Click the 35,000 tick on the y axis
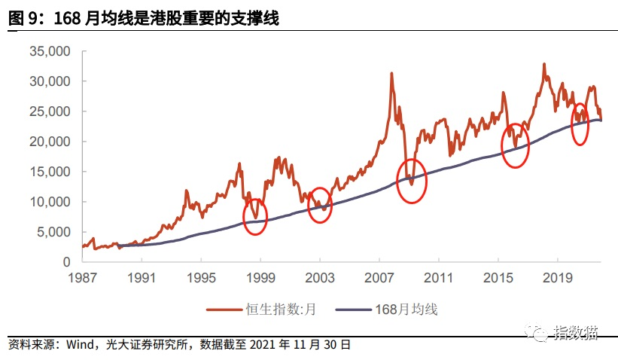tap(49, 51)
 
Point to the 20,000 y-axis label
tap(49, 142)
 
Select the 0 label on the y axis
tap(66, 262)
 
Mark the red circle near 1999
tap(255, 217)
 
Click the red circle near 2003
tap(320, 205)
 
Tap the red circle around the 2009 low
tap(411, 181)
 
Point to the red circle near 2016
tap(516, 145)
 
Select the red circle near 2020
tap(580, 124)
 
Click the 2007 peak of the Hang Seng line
tap(391, 74)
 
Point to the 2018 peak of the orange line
tap(543, 65)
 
